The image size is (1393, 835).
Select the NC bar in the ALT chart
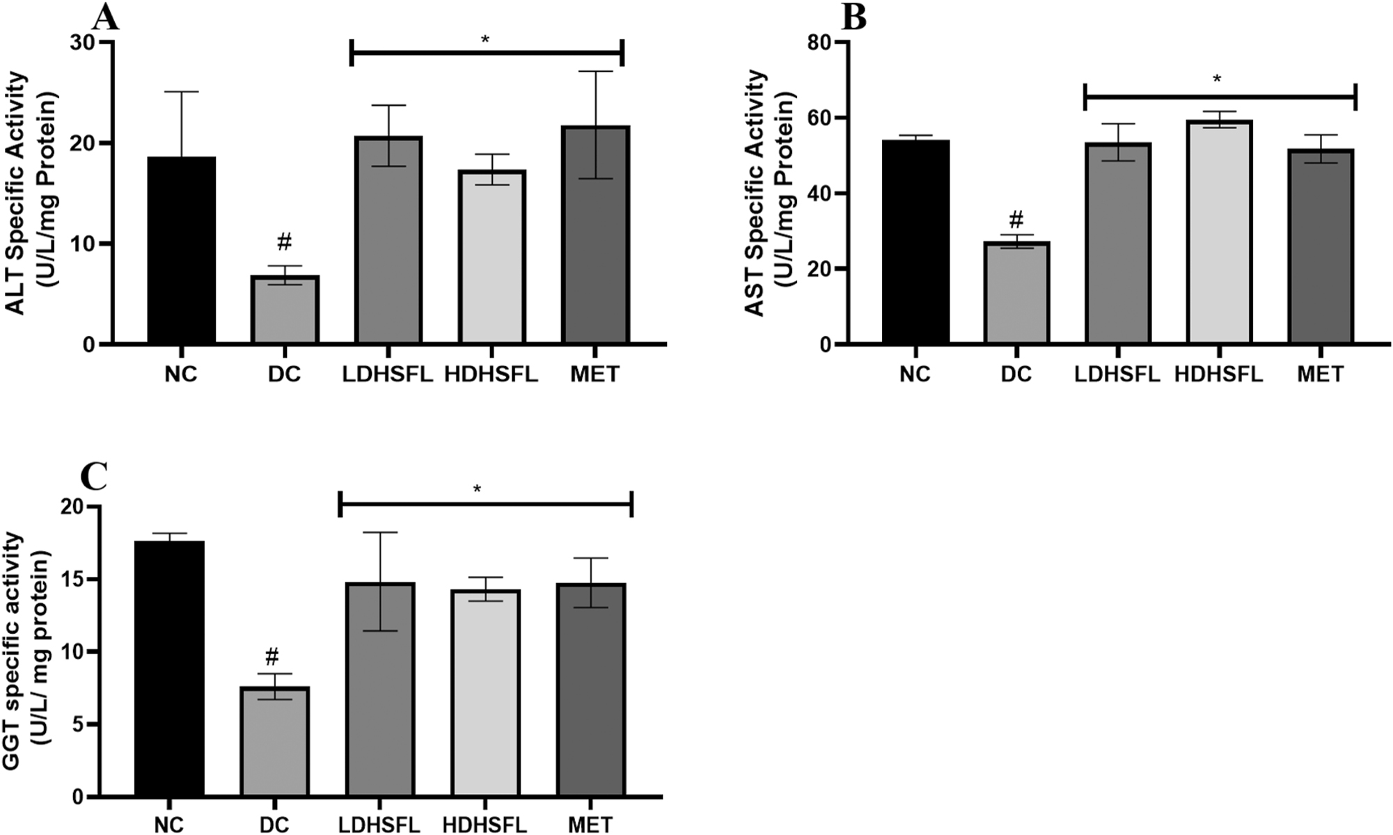click(181, 250)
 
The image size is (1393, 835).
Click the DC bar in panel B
click(1016, 292)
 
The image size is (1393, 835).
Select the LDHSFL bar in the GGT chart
click(380, 689)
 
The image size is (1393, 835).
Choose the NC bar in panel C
click(169, 668)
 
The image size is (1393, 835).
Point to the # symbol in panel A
click(284, 242)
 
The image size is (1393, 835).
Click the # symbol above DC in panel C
click(272, 655)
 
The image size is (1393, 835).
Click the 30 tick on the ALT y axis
click(84, 42)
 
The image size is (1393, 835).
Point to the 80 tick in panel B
click(819, 42)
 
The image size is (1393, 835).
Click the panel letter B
click(853, 18)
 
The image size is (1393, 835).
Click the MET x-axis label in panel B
click(1320, 374)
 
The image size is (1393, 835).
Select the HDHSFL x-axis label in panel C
click(485, 825)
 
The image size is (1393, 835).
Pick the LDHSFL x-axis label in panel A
click(387, 374)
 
